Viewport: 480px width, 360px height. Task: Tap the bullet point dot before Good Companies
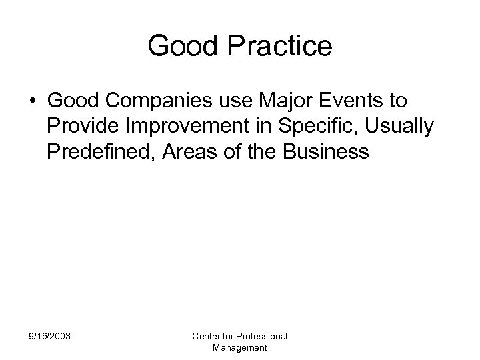coord(33,101)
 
